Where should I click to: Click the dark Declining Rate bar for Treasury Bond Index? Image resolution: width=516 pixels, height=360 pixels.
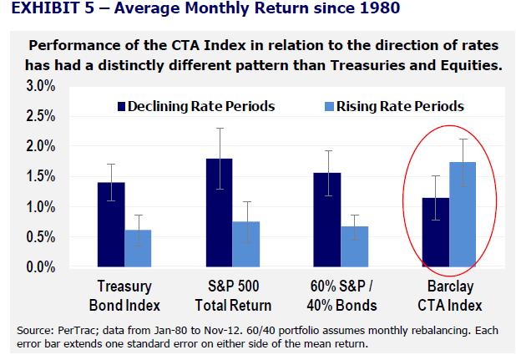(111, 225)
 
